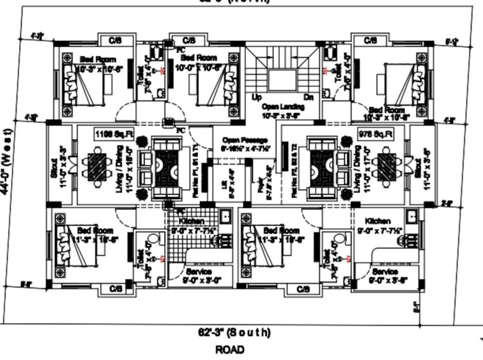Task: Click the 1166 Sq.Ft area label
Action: tap(114, 135)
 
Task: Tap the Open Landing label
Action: tap(283, 111)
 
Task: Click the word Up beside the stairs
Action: tap(257, 97)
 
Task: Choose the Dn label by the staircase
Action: tap(309, 97)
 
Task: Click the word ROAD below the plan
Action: tap(230, 349)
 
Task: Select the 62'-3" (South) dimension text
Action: tap(234, 333)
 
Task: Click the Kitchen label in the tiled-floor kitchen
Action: tap(191, 221)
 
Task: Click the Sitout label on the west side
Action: tap(57, 169)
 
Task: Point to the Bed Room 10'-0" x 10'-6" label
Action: tap(199, 62)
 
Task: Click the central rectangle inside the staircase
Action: tap(283, 80)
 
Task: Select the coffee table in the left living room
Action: tap(166, 168)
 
